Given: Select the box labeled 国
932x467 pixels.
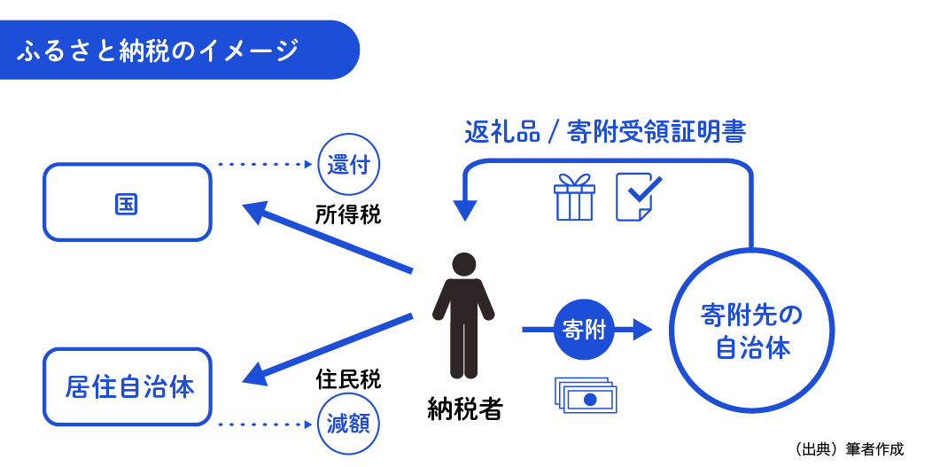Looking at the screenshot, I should [x=128, y=203].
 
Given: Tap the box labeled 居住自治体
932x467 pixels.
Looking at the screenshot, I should [x=128, y=387].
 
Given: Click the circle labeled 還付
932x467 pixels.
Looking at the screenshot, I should [x=348, y=164].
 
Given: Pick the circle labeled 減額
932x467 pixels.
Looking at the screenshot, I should [x=348, y=424].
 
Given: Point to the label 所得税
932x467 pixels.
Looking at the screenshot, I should [x=348, y=214].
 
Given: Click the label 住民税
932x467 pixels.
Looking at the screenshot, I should [x=348, y=379].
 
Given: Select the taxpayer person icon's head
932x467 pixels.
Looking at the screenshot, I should [x=463, y=263].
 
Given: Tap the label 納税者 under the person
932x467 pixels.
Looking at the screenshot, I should [x=464, y=409].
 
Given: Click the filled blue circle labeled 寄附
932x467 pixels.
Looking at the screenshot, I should [x=583, y=330].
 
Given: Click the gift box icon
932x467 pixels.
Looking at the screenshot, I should [x=574, y=197].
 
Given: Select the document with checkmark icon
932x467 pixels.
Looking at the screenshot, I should [x=636, y=196].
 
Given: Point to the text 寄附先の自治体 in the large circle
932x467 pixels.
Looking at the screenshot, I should [x=751, y=331].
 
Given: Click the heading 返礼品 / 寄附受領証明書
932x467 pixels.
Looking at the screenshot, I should [x=605, y=133].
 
